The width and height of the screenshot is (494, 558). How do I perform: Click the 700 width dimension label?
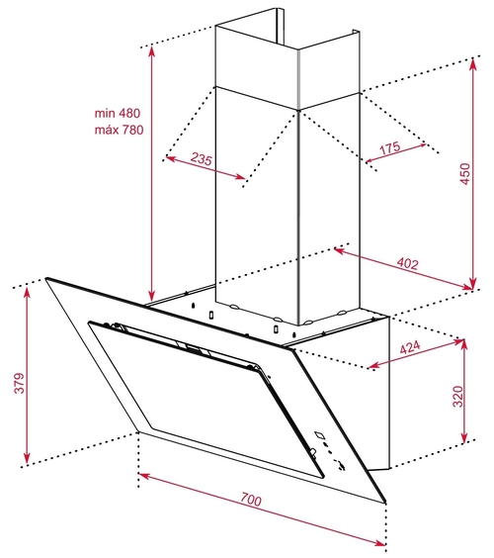251,499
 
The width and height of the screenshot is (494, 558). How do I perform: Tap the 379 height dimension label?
19,383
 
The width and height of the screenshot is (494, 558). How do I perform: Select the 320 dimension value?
458,396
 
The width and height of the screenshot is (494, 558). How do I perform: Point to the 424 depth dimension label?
410,347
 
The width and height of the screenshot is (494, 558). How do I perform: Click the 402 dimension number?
407,263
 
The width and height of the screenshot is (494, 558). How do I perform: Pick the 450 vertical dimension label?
465,174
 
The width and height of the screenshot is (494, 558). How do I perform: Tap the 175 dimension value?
389,147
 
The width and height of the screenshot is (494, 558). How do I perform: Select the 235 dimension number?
202,158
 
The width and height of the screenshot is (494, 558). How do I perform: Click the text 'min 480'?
118,113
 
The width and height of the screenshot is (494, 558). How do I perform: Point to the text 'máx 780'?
120,130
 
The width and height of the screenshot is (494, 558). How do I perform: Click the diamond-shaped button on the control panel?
320,434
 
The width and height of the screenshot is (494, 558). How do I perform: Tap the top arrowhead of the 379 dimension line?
27,288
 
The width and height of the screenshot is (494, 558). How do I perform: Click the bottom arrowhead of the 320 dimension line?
464,441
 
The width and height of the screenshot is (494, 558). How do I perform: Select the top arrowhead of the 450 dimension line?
472,59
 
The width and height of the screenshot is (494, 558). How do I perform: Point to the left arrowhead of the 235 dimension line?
167,157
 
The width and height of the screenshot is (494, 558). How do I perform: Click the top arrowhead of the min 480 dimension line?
152,48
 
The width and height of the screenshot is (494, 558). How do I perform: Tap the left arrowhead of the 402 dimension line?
336,249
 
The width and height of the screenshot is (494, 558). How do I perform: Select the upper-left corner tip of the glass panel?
45,279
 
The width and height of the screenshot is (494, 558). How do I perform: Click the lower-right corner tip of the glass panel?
386,503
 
